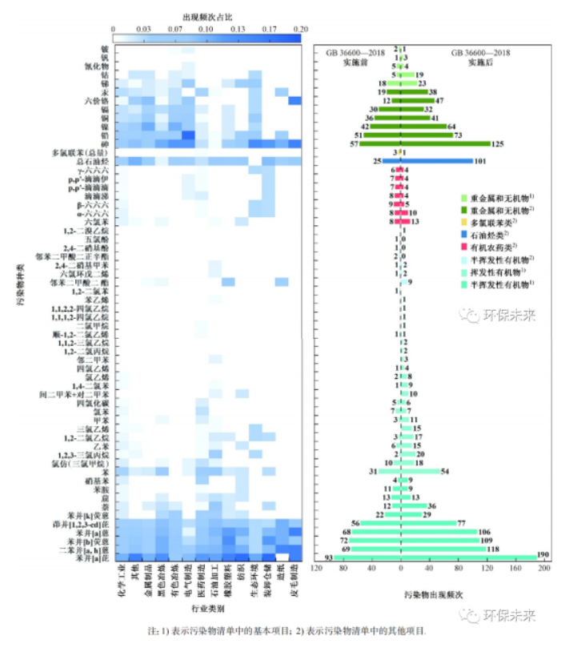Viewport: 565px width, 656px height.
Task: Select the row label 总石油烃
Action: [x=94, y=161]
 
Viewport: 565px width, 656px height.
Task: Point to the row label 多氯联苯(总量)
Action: [x=82, y=152]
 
